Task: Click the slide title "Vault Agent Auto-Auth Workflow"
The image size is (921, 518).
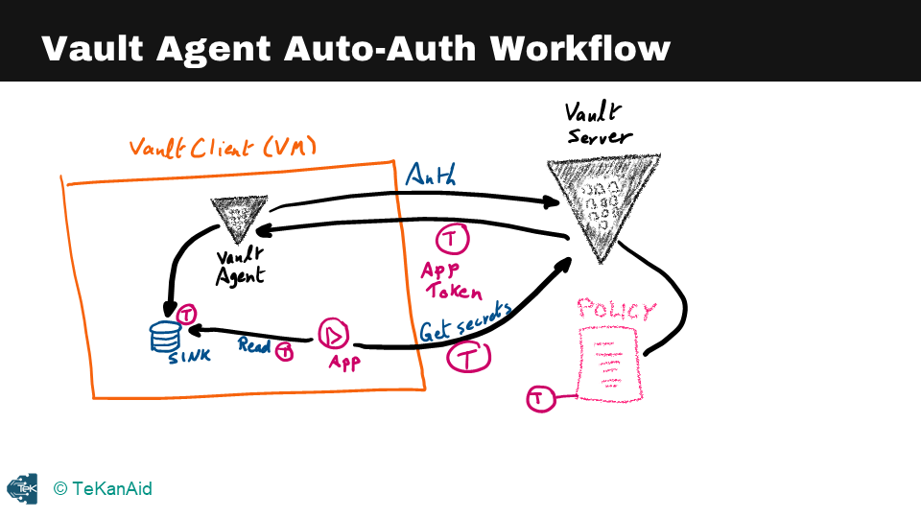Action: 355,48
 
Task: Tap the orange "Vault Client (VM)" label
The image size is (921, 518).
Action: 223,148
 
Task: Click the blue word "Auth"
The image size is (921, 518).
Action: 431,174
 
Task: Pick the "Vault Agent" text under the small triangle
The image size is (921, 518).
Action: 240,267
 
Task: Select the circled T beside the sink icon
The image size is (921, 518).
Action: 187,314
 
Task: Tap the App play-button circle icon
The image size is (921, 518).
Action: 334,334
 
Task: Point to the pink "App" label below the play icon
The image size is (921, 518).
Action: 344,364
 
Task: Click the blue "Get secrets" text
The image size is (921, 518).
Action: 464,320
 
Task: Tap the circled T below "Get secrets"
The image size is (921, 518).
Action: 469,358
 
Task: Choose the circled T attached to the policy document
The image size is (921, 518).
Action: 541,398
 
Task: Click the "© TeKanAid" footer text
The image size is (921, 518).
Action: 103,489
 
